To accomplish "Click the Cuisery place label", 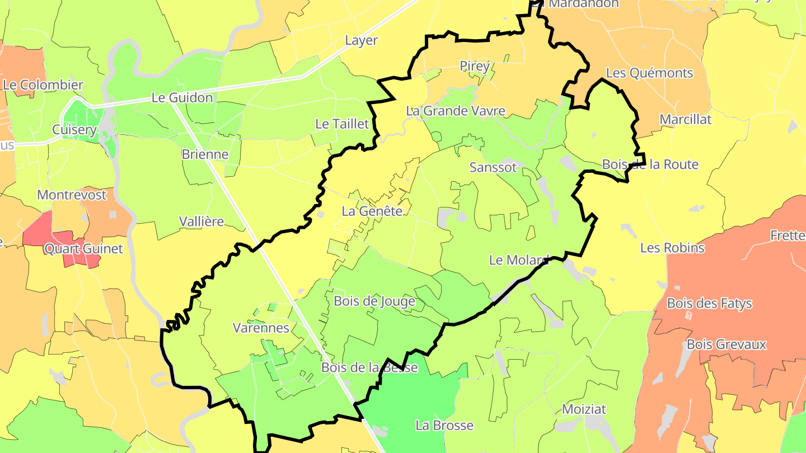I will tap(74, 130).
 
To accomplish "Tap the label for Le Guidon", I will tap(182, 98).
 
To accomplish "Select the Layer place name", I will tap(361, 40).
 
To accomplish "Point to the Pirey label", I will tap(475, 66).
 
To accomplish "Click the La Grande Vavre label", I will tap(456, 111).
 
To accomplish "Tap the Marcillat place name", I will tap(685, 119).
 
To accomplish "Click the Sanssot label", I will tap(493, 167).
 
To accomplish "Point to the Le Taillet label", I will tap(343, 124).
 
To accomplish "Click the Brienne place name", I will tap(205, 154).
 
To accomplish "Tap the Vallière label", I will tap(201, 221).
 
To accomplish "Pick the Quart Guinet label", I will tap(83, 248).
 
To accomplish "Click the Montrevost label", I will tap(72, 195).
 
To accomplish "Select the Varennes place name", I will tap(261, 328).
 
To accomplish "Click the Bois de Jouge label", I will tap(374, 301).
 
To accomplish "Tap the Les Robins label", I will tap(672, 247).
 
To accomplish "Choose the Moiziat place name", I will tap(584, 409).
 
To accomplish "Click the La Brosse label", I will tap(444, 425).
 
